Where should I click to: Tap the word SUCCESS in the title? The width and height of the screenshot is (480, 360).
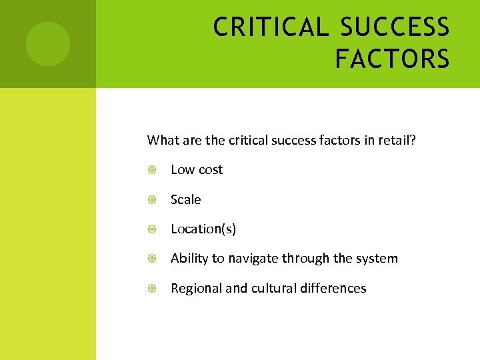point(395,27)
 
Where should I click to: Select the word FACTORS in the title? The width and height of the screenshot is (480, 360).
point(392,59)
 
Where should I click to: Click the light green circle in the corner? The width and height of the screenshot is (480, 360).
point(48,44)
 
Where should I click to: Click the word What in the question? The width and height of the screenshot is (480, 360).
point(161,140)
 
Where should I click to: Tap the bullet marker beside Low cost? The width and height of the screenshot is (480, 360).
point(153,170)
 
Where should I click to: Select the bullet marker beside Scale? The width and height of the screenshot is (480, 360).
point(153,199)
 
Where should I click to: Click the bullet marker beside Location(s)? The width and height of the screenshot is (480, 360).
point(153,229)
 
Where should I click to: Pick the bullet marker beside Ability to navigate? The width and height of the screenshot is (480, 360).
point(153,259)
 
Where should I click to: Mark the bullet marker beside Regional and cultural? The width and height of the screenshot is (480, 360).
point(153,289)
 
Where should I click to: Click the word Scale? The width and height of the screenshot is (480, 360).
point(185,199)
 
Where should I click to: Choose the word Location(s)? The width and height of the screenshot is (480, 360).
point(203,229)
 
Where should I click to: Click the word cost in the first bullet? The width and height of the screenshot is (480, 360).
point(210,170)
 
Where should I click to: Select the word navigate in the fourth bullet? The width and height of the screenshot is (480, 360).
point(253,259)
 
